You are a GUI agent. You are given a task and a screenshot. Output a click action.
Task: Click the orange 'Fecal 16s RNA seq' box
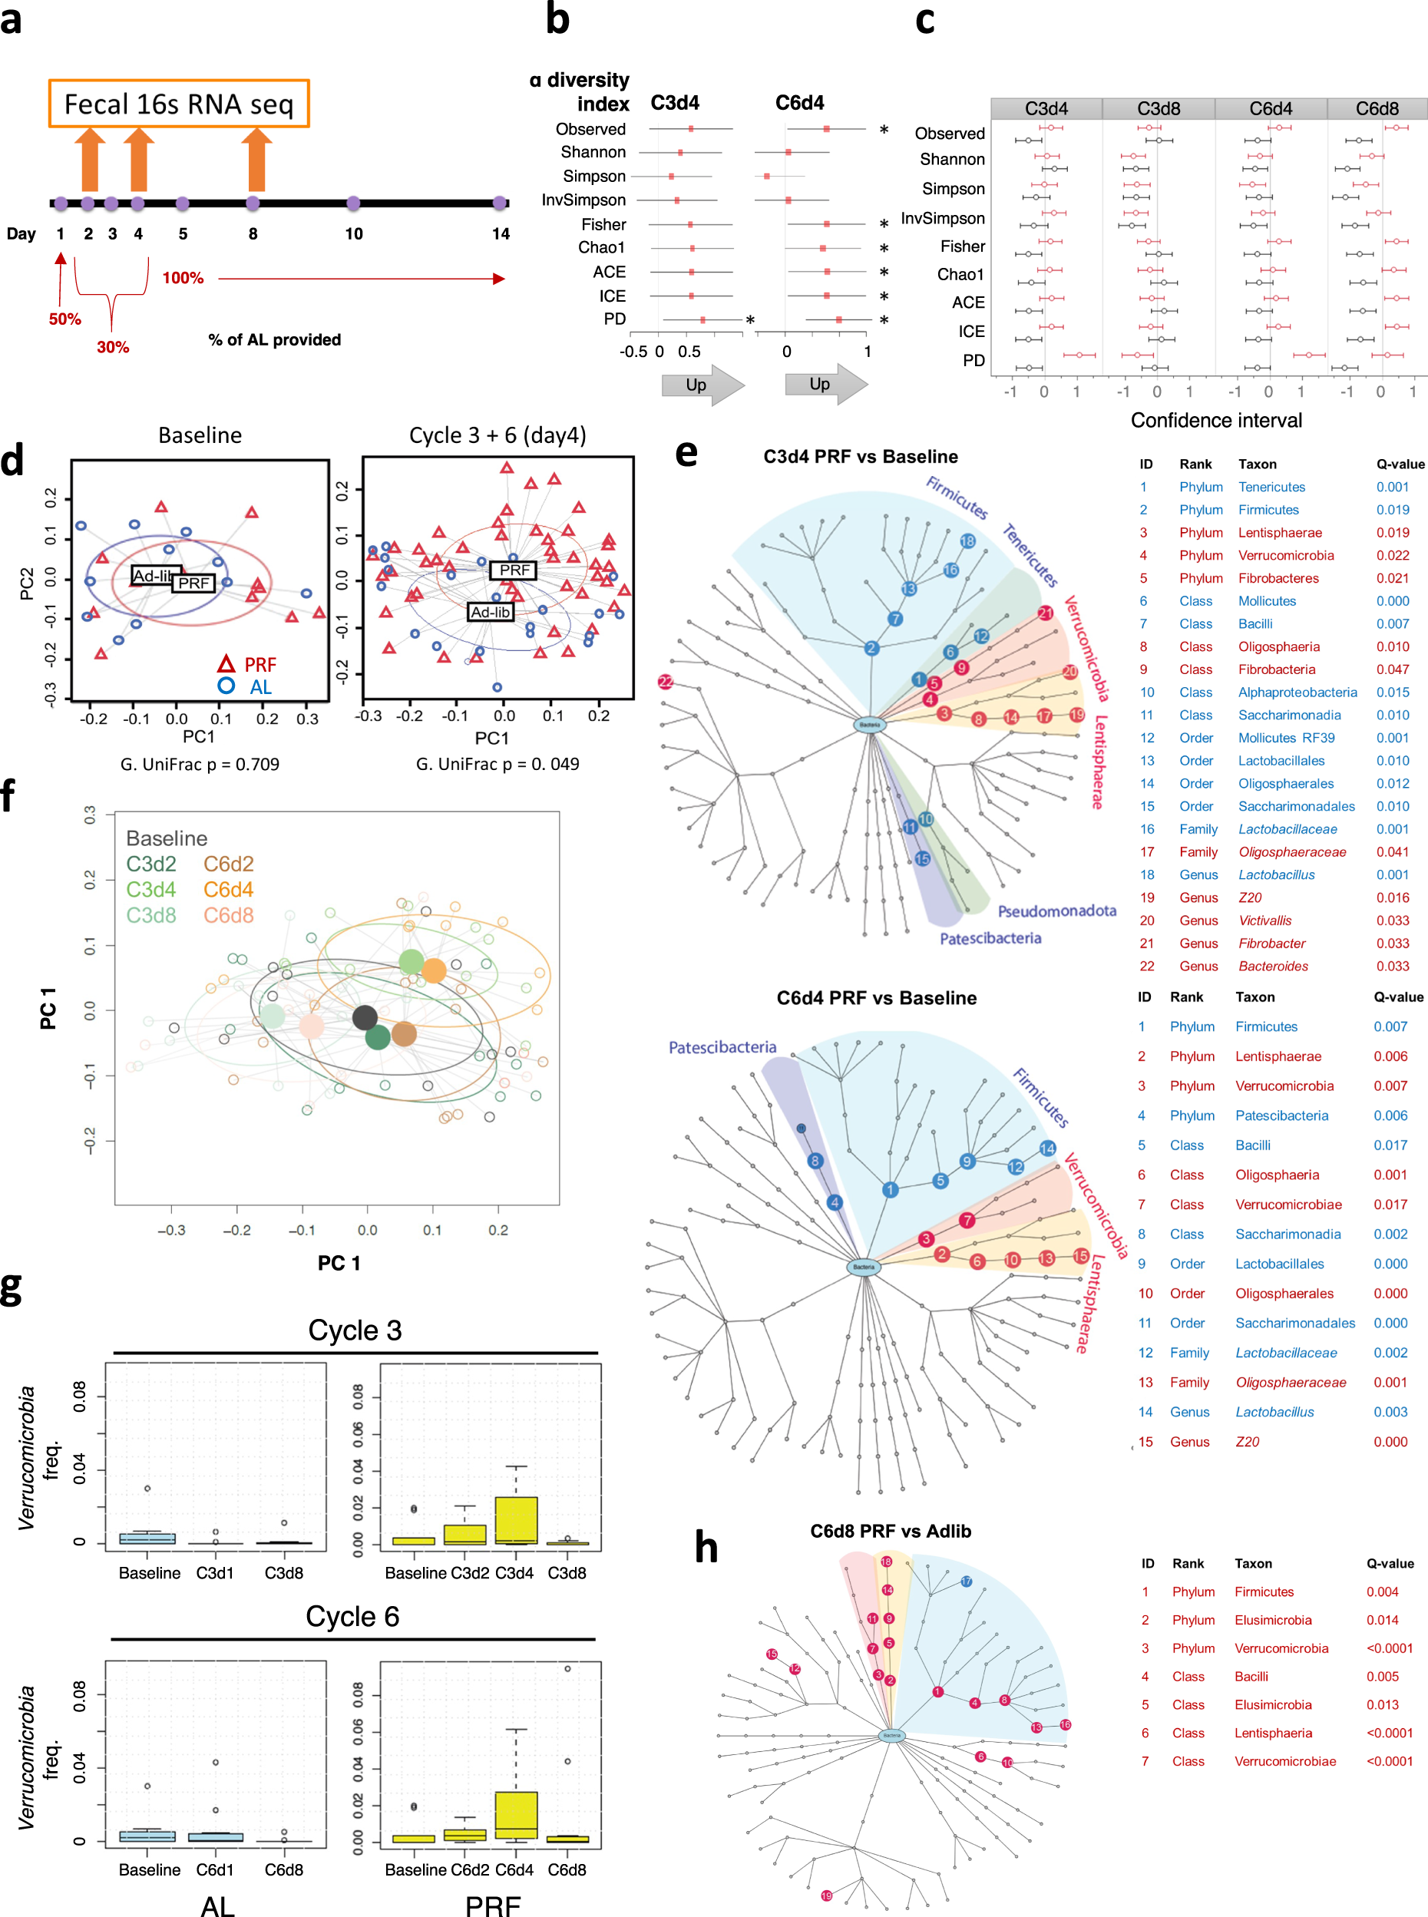coord(179,104)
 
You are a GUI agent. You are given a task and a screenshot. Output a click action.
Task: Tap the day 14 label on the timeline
coord(501,233)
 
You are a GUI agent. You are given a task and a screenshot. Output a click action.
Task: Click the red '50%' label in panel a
coord(64,319)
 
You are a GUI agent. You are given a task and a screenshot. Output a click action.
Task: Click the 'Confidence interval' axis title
coord(1215,420)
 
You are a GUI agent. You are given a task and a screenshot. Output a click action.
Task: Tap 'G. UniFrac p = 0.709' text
coord(200,764)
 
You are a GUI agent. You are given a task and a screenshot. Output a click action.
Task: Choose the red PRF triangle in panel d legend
coord(226,664)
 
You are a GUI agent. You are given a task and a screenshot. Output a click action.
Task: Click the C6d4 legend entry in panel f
coord(228,889)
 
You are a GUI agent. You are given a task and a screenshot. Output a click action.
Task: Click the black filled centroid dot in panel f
coord(365,1017)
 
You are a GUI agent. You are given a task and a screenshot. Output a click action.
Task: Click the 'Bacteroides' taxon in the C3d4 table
coord(1272,967)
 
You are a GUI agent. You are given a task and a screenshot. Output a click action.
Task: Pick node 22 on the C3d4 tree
coord(666,682)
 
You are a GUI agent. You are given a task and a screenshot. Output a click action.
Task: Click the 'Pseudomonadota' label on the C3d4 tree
coord(1056,911)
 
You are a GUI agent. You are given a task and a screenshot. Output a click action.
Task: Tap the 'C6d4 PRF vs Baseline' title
coord(876,997)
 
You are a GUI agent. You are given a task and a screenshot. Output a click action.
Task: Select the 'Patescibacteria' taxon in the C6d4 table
coord(1281,1115)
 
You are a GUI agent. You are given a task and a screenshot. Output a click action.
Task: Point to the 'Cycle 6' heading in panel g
coord(352,1616)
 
